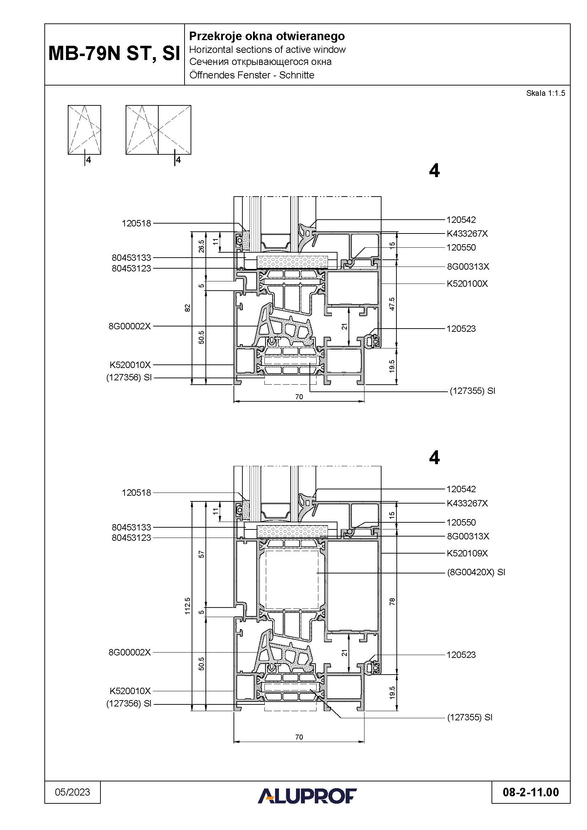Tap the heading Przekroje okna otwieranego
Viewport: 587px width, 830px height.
pos(267,36)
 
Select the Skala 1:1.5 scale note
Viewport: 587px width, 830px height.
pos(545,93)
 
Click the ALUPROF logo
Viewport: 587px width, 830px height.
pos(307,796)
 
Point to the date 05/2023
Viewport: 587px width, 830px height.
pos(72,792)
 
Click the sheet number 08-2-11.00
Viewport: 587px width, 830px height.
pos(531,792)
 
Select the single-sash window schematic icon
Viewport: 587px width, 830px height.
pos(84,130)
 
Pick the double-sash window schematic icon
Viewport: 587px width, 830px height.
pos(158,130)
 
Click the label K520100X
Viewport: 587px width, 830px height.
pos(467,284)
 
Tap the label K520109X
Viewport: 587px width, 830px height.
pos(467,553)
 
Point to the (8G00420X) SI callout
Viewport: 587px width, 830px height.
pos(476,572)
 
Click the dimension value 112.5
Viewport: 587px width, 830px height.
pos(187,605)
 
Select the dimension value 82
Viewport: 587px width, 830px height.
pos(187,308)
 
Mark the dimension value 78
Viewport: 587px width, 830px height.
pos(393,601)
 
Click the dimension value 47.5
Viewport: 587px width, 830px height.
pos(393,304)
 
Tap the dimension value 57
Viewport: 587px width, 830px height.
pos(202,554)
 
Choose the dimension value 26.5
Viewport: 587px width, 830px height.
pos(202,247)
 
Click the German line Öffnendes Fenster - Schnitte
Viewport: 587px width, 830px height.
pos(252,75)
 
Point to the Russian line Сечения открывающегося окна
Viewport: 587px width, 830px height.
pos(260,62)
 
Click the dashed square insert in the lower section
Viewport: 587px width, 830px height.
pos(292,580)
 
